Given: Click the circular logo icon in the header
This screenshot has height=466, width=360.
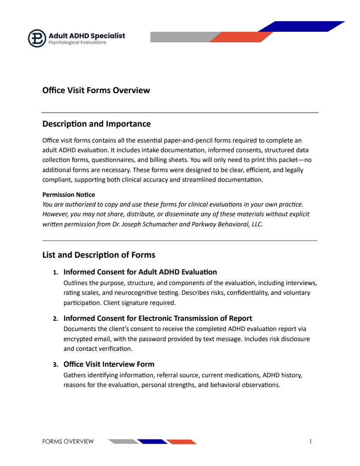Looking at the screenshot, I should coord(37,38).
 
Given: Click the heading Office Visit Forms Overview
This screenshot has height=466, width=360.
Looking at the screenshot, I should coord(96,90).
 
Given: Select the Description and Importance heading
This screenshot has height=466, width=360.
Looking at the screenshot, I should coord(96,124).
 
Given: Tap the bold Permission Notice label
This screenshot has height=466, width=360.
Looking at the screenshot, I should coord(68,195).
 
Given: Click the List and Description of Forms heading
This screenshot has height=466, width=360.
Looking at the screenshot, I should coord(98,255).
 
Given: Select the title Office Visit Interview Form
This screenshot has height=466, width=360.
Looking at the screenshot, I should coord(109,364).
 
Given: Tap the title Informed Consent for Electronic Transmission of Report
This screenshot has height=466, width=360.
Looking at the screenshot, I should coord(157,318).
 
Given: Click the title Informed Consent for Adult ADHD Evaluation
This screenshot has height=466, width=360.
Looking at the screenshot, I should coord(140,272).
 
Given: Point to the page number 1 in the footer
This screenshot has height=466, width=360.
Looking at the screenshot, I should coord(311,441).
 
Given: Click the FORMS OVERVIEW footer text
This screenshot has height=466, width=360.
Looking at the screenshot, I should coord(68,441).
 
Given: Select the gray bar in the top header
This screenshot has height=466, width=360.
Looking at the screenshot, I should coord(181,37).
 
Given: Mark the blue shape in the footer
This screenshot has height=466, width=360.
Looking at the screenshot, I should coord(152,442).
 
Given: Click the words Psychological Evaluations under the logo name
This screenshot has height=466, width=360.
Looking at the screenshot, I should coord(77,43).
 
